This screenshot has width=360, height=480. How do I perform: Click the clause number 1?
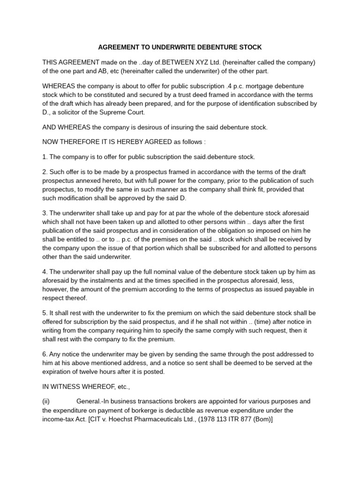pyautogui.click(x=45, y=157)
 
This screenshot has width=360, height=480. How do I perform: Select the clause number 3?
pyautogui.click(x=45, y=213)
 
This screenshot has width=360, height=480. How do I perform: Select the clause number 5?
pyautogui.click(x=45, y=313)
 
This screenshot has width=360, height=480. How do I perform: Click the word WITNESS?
pyautogui.click(x=67, y=387)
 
